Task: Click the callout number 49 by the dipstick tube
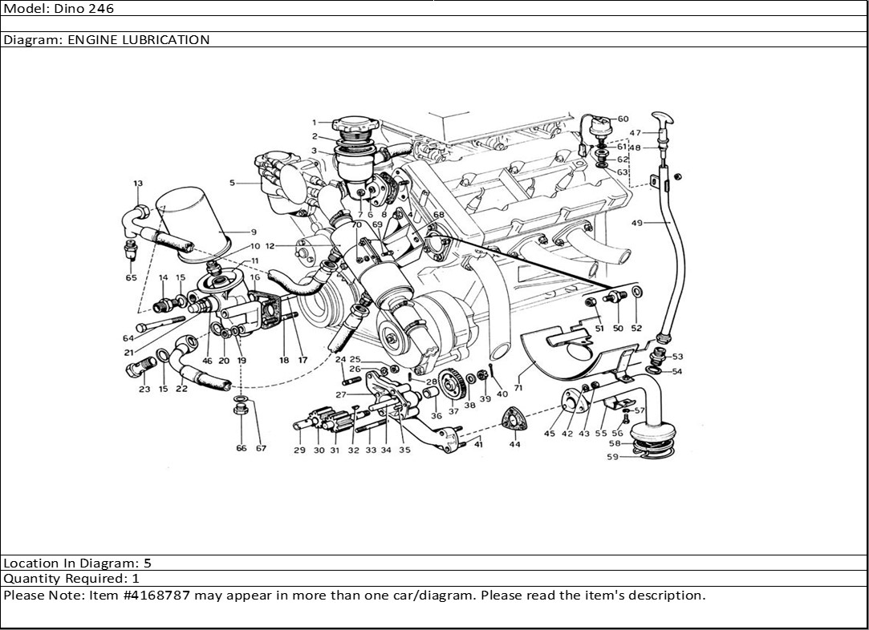pos(636,224)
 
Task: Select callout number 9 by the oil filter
pos(253,232)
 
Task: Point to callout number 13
pos(138,184)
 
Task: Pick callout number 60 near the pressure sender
pos(623,119)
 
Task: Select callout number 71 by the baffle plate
pos(518,387)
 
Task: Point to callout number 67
pos(261,448)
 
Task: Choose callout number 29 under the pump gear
pos(299,450)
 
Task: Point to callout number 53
pos(677,356)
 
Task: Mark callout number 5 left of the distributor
pos(232,183)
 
